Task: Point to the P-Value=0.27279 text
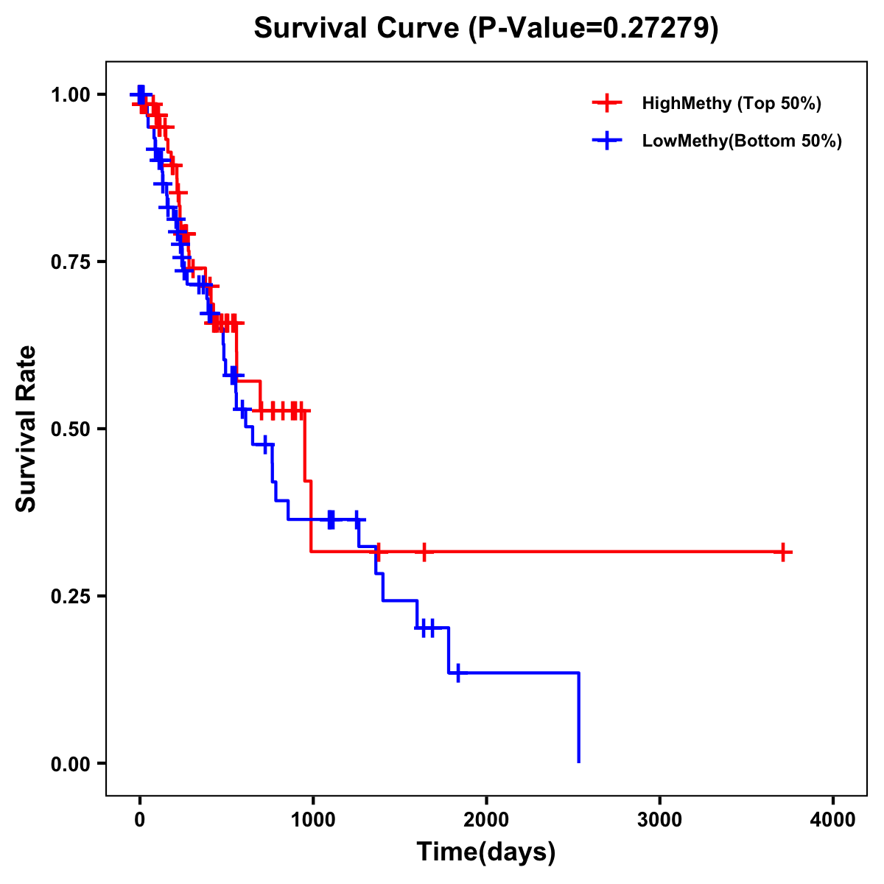coord(594,28)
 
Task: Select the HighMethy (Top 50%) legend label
coord(732,103)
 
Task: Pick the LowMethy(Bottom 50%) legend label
coord(742,141)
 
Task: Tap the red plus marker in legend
coord(607,103)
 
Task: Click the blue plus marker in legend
coord(607,141)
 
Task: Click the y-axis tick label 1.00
coord(70,95)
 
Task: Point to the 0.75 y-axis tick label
coord(70,262)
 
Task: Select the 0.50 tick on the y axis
coord(70,429)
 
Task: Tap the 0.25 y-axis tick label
coord(70,597)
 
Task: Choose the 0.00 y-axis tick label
coord(70,764)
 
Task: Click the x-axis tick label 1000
coord(313,820)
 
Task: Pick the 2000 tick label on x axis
coord(486,820)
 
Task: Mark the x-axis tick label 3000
coord(659,820)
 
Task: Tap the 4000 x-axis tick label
coord(833,820)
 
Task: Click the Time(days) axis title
coord(486,852)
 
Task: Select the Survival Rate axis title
coord(27,429)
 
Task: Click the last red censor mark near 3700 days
coord(783,552)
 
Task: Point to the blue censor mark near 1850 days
coord(458,673)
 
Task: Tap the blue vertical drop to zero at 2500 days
coord(578,718)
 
